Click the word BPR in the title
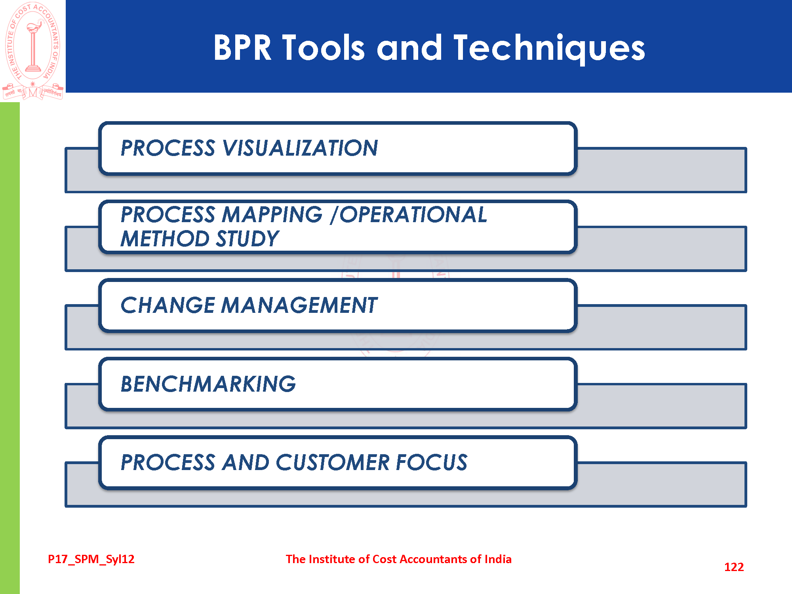[x=242, y=48]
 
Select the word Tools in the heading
[x=323, y=48]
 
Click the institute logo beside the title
[x=33, y=50]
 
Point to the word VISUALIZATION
[x=300, y=148]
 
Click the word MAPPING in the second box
[x=272, y=215]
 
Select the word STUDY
[x=247, y=239]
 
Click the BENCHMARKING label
[x=208, y=384]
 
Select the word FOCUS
[x=432, y=462]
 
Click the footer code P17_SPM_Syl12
[x=91, y=559]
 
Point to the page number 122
[x=734, y=567]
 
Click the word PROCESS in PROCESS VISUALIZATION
[x=168, y=148]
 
